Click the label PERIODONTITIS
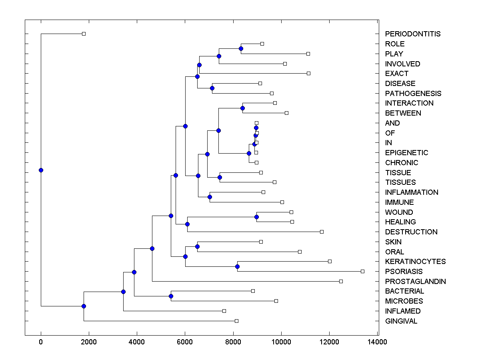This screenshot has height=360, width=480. [412, 34]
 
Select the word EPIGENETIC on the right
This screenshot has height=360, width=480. [406, 153]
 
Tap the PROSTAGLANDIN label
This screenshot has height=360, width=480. [415, 282]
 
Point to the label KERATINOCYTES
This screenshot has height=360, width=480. [415, 262]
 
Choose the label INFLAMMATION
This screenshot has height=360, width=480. [412, 192]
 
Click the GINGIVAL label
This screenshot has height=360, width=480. [401, 321]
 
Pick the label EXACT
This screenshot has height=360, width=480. [397, 74]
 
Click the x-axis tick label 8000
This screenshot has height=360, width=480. [233, 342]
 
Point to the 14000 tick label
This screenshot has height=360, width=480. [377, 342]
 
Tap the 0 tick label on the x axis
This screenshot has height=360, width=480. [41, 342]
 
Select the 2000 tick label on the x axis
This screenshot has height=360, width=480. [89, 342]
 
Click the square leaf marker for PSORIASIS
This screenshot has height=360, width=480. [362, 271]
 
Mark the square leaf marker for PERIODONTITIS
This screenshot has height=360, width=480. [84, 34]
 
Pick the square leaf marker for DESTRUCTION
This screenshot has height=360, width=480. [322, 232]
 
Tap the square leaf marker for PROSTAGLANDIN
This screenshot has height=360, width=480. [341, 281]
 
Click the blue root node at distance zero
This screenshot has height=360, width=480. [41, 170]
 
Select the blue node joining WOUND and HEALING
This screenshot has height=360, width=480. [256, 217]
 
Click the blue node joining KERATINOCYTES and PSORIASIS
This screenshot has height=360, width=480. [237, 266]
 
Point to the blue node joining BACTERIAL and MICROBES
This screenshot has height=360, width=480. [171, 296]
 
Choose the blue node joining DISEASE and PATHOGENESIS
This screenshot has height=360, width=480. [212, 88]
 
